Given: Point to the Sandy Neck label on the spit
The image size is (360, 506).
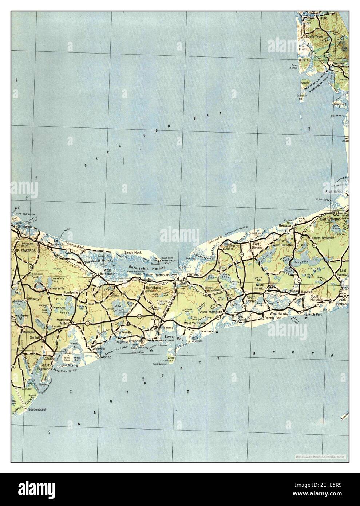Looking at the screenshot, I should click(x=132, y=252).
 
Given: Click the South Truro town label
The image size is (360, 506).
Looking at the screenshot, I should click(x=314, y=37).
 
